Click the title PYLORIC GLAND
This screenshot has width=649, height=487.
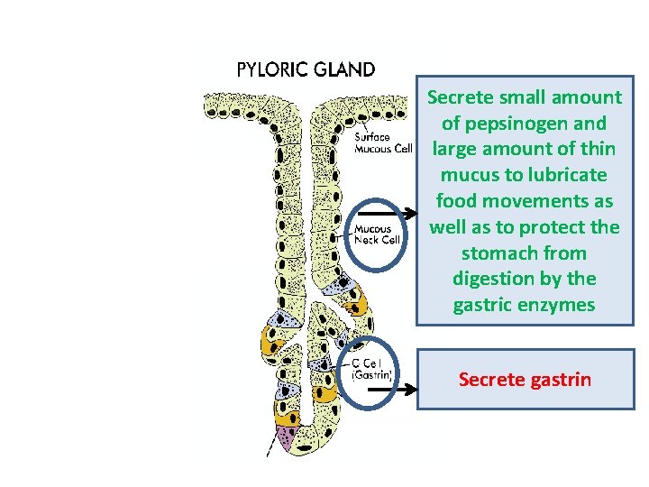[306, 69]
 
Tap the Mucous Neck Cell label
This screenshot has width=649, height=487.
[377, 234]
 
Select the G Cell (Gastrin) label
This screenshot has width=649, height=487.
[370, 370]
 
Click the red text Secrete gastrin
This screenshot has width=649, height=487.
[525, 379]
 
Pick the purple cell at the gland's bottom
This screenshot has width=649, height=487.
[288, 438]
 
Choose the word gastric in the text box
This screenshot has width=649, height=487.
[484, 305]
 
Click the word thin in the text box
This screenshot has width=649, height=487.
[597, 149]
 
